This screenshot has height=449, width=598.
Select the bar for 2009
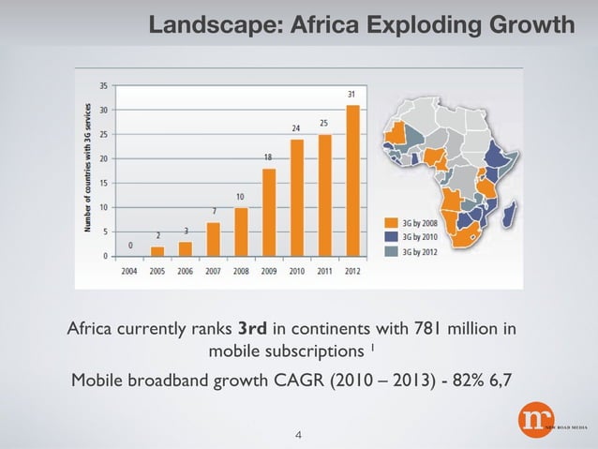(x=268, y=212)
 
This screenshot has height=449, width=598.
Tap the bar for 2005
(x=157, y=250)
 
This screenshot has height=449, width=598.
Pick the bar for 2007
(x=213, y=238)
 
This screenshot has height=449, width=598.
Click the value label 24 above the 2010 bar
(x=296, y=127)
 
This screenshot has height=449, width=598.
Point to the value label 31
(x=351, y=95)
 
